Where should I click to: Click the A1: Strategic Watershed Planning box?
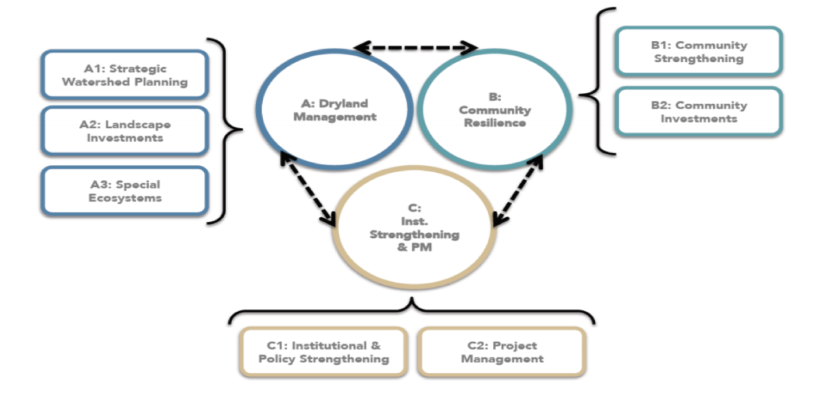pyautogui.click(x=124, y=75)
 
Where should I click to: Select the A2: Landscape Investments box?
pyautogui.click(x=124, y=131)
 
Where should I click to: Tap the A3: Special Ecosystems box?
pyautogui.click(x=124, y=191)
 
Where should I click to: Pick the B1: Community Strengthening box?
pyautogui.click(x=699, y=52)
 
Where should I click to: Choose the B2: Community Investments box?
pyautogui.click(x=699, y=111)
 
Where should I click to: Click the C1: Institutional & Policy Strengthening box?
pyautogui.click(x=323, y=352)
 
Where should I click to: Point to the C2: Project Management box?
pyautogui.click(x=502, y=352)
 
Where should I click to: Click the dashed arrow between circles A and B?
pyautogui.click(x=415, y=48)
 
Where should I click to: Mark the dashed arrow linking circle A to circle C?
pyautogui.click(x=308, y=187)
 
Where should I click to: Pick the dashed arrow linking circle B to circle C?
pyautogui.click(x=517, y=190)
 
